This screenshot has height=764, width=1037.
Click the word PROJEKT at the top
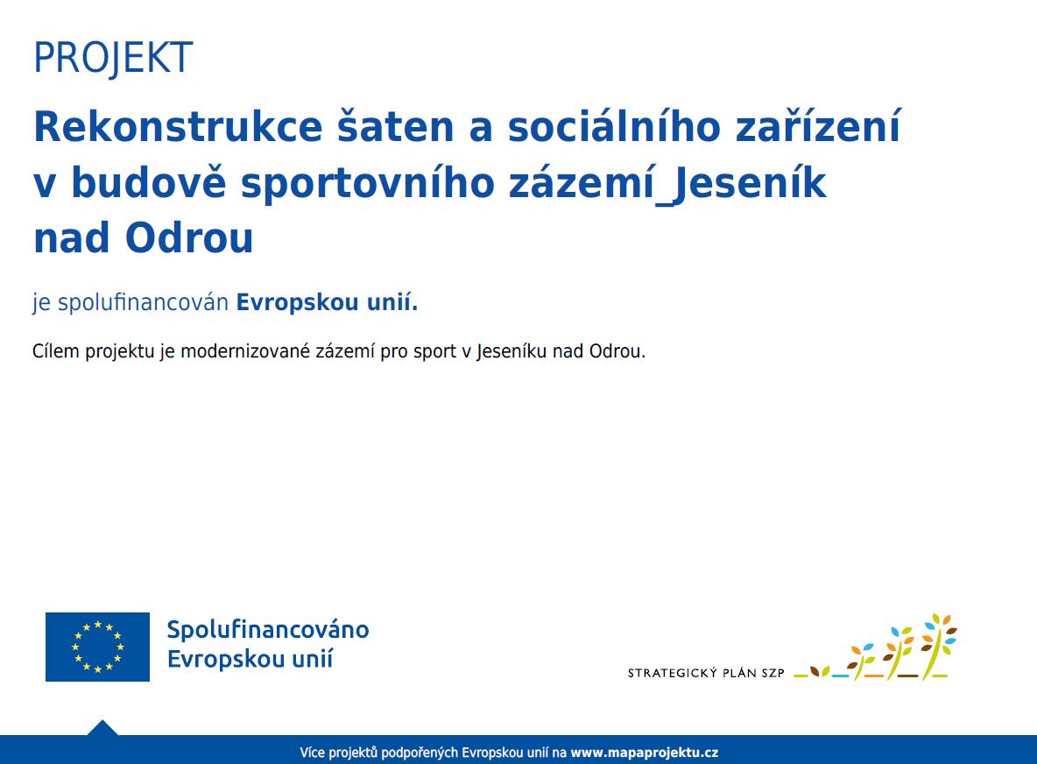point(113,59)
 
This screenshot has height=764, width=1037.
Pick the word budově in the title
point(148,183)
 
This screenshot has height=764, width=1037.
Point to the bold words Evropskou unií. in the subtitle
point(328,303)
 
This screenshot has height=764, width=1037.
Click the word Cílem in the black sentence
point(55,352)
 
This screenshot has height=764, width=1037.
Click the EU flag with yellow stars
point(97,647)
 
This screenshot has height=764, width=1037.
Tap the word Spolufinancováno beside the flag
point(268,630)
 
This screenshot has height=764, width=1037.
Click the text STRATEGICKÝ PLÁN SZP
point(706,674)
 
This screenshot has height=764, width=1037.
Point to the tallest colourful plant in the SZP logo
point(937,647)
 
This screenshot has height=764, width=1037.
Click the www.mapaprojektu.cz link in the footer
point(645,753)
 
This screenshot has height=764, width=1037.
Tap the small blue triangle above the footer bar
point(102,728)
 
